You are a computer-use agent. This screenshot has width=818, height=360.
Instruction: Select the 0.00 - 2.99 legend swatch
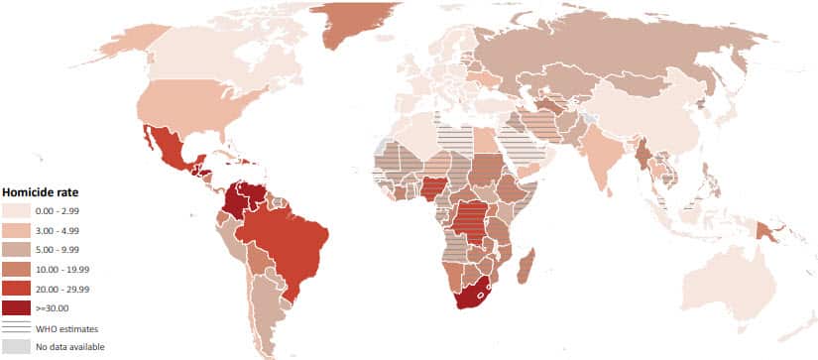(x=16, y=211)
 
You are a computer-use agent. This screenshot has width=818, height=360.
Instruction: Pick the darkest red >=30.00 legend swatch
(x=16, y=307)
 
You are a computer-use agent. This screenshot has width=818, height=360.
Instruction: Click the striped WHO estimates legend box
(x=16, y=327)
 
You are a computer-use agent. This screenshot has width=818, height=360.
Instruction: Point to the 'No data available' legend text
(x=69, y=346)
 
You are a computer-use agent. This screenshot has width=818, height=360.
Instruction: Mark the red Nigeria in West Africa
(x=434, y=189)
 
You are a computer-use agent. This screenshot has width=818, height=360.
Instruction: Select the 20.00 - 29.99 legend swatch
(x=16, y=289)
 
